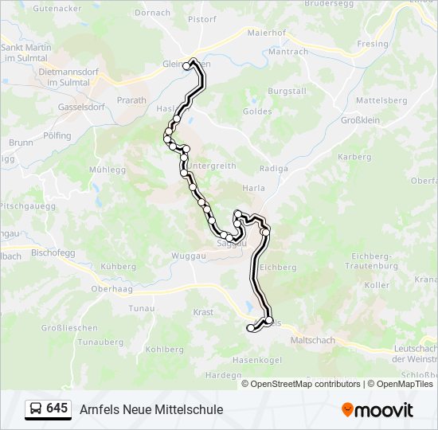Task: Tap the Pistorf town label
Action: [x=202, y=18]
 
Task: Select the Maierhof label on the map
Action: [x=266, y=33]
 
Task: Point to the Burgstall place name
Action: [x=287, y=92]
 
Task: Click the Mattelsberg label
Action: [x=381, y=100]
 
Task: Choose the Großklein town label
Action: [x=362, y=120]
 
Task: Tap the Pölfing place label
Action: [x=57, y=136]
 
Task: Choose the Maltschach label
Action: [x=313, y=340]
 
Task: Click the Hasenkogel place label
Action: [x=257, y=360]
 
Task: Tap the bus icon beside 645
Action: [x=36, y=409]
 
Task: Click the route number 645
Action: [x=57, y=408]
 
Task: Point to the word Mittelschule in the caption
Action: [x=186, y=409]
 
